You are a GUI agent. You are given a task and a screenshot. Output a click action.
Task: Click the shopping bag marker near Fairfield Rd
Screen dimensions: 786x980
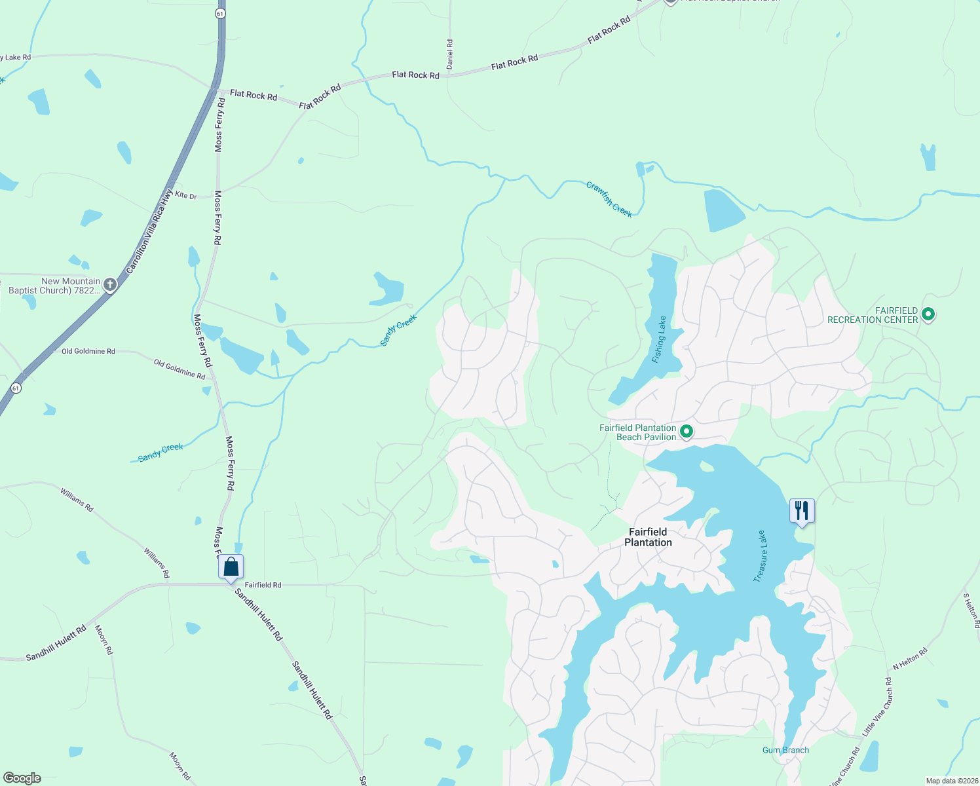[231, 567]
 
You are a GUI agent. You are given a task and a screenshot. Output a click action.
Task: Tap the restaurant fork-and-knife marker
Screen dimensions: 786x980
[802, 510]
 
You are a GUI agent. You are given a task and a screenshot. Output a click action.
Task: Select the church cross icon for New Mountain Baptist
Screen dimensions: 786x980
[110, 285]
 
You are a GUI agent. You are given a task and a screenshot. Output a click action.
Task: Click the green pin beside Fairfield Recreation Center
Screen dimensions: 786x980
[928, 314]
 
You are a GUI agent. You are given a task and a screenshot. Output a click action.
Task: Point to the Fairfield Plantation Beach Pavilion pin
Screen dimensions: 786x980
[687, 432]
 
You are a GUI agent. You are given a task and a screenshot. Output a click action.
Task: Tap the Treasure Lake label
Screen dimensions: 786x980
[760, 556]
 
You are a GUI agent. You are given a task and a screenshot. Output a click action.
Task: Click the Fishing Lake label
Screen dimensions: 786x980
[659, 339]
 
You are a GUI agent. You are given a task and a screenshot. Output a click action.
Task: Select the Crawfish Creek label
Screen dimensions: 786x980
[609, 200]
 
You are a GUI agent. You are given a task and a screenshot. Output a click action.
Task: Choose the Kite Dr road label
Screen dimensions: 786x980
[185, 195]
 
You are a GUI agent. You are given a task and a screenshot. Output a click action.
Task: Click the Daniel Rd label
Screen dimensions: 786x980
[449, 54]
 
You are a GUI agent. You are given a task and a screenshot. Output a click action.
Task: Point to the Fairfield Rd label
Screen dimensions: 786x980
[263, 585]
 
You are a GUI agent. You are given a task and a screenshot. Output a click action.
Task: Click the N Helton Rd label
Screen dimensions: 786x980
[910, 659]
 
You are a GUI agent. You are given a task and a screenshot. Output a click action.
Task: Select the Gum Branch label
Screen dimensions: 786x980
[785, 750]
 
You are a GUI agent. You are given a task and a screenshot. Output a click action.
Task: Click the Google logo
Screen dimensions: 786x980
[22, 778]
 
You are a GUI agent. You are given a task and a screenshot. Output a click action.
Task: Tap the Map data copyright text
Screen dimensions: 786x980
[951, 781]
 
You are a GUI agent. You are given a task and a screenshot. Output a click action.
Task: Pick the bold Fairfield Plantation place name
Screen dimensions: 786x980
[648, 537]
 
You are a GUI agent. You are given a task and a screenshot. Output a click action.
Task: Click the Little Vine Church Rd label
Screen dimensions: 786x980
[878, 707]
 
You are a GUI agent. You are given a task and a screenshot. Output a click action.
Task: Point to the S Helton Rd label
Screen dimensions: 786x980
[971, 610]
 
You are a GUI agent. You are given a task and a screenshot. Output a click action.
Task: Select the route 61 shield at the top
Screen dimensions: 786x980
[220, 13]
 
